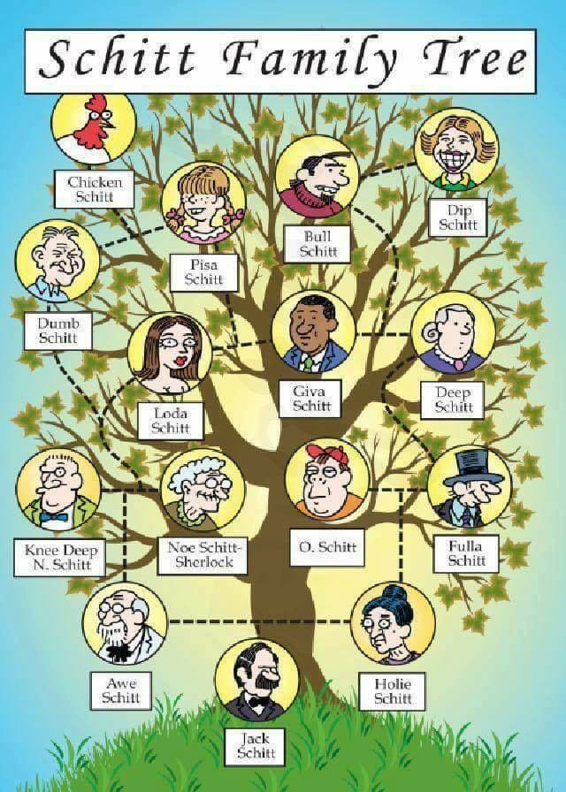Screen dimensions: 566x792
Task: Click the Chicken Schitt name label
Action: coord(95,189)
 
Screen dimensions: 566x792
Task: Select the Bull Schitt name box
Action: coord(317,244)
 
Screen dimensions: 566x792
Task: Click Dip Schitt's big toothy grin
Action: coord(457,159)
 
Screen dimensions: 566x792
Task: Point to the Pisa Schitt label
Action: coord(203,272)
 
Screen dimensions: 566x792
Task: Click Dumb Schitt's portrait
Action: coord(57,262)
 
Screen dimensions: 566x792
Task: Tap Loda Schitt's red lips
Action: coord(180,362)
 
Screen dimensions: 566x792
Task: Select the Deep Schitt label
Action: coord(453,400)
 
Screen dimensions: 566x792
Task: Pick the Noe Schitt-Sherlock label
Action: coord(203,555)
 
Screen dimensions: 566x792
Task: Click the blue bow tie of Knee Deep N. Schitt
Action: coord(54,517)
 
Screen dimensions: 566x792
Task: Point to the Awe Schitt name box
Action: coord(121,690)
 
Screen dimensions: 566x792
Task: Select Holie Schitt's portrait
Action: coord(393,623)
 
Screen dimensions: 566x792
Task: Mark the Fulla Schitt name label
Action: coord(466,553)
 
